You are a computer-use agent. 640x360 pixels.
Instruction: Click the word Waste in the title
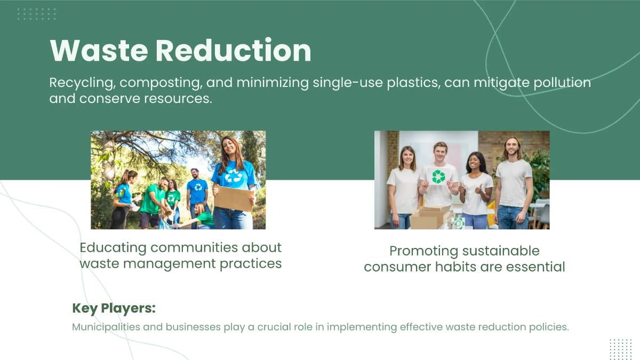(x=98, y=51)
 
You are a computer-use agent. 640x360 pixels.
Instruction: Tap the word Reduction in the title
(x=233, y=51)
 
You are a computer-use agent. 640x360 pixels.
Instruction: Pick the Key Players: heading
(x=114, y=308)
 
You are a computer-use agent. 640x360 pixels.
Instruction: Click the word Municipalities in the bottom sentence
(x=106, y=326)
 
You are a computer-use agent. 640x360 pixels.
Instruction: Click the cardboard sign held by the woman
(x=233, y=198)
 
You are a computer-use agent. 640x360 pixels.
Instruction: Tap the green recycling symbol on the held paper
(x=438, y=177)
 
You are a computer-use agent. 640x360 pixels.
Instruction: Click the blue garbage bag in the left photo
(x=165, y=225)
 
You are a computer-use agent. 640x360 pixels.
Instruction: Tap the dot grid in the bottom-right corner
(x=620, y=349)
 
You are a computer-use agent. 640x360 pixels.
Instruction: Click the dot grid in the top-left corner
(x=36, y=14)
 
